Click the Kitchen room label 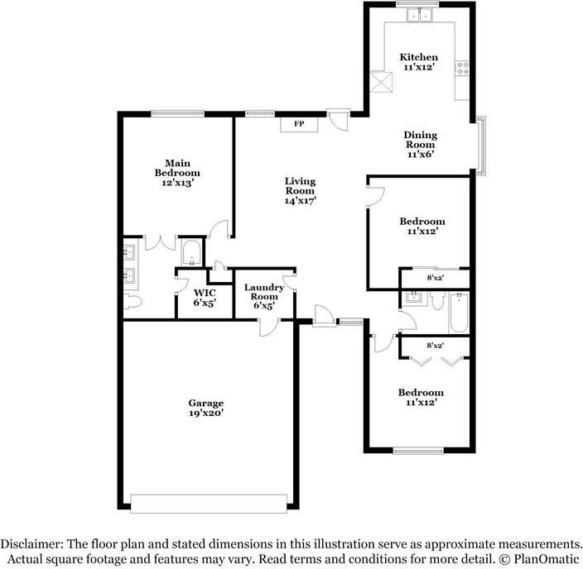419,57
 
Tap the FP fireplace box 299,124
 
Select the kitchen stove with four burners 462,69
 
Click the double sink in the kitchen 419,15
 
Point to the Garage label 205,403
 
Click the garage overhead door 209,504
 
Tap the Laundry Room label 263,292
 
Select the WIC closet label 205,293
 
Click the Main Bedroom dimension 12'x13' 178,183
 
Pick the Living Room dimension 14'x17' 300,201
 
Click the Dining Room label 421,140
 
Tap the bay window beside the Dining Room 481,146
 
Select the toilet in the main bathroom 132,301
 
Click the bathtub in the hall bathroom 459,313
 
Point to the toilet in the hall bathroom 437,299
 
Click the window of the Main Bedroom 178,114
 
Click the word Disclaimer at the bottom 31,544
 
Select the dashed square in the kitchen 381,81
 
